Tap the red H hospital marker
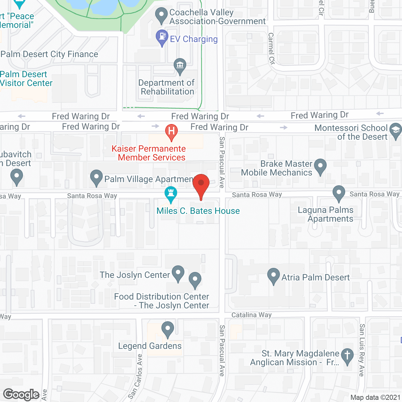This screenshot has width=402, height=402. (x=171, y=131)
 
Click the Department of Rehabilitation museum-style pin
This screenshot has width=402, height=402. (x=180, y=66)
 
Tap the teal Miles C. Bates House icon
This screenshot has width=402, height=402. (x=171, y=194)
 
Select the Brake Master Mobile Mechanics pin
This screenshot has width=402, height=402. (x=320, y=166)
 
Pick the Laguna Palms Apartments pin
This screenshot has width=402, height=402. (x=339, y=193)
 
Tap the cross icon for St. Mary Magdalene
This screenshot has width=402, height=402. (x=347, y=356)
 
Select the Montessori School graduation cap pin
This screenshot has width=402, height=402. (x=395, y=130)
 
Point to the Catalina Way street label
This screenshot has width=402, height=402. (x=252, y=315)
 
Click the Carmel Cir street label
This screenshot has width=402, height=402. (x=271, y=49)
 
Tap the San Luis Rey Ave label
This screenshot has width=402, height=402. (x=362, y=350)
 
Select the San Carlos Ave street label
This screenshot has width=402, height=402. (x=136, y=376)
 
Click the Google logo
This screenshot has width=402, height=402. (x=21, y=394)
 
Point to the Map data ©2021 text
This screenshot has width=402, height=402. (x=375, y=398)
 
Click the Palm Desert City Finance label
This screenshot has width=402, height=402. (x=49, y=54)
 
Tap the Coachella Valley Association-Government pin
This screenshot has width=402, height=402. (x=161, y=15)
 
